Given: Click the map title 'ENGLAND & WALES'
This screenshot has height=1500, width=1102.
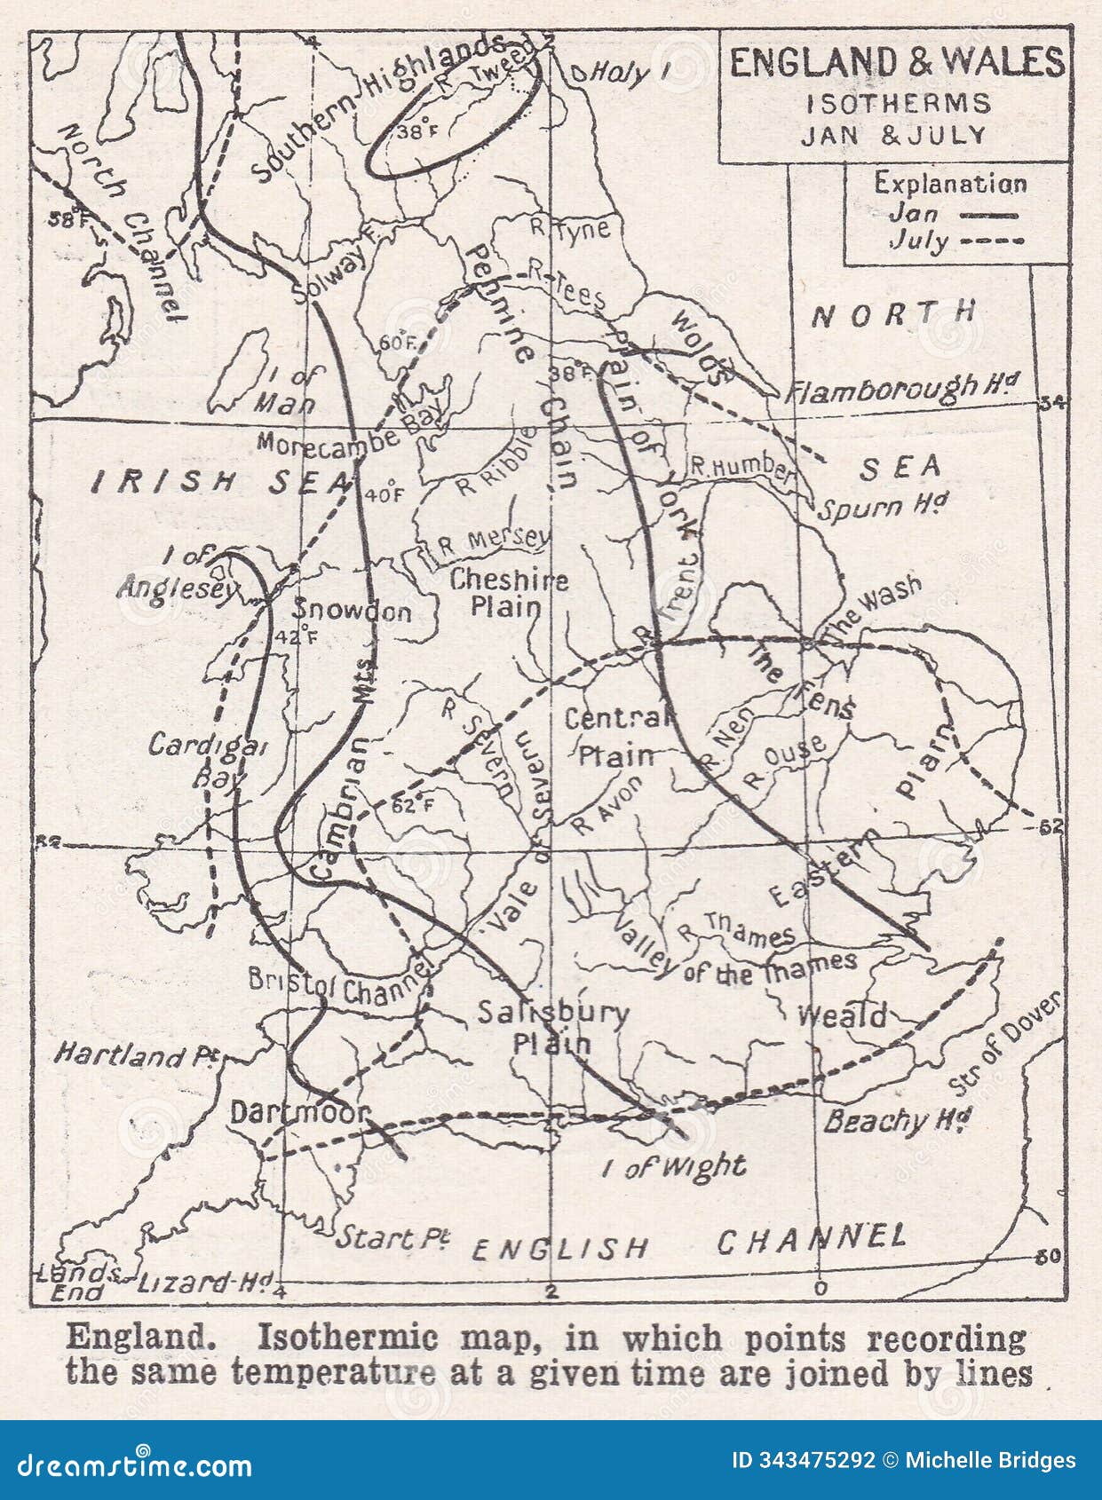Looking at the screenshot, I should (896, 62).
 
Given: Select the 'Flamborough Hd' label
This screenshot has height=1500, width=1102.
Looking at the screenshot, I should (902, 388).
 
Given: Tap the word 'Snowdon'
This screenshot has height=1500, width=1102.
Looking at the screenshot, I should (353, 612).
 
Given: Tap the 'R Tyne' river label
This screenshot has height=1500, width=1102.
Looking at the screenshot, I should (570, 228).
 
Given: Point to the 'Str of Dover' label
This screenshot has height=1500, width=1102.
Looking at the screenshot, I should (1003, 1044).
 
